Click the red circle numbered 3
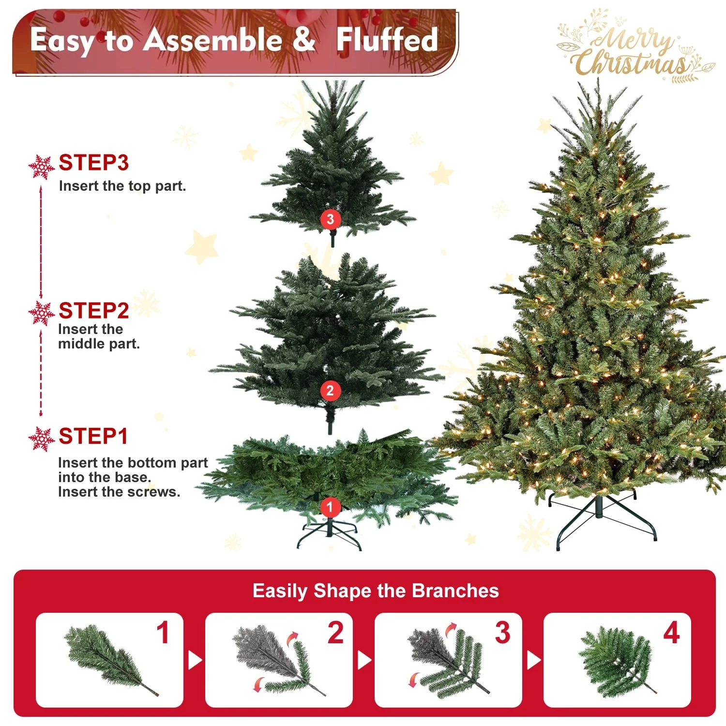click(x=331, y=219)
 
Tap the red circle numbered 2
click(x=330, y=390)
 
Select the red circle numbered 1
click(x=330, y=507)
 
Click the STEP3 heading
click(x=94, y=163)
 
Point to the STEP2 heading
click(x=94, y=311)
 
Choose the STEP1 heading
click(x=93, y=436)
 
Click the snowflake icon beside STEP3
click(x=41, y=167)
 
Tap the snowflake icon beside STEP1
click(x=41, y=439)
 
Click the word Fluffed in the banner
click(x=387, y=40)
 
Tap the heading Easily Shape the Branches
click(x=376, y=591)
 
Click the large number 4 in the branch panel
click(x=671, y=633)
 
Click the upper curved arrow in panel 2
click(x=293, y=638)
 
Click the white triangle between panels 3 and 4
click(x=533, y=660)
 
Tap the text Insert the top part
click(x=122, y=186)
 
